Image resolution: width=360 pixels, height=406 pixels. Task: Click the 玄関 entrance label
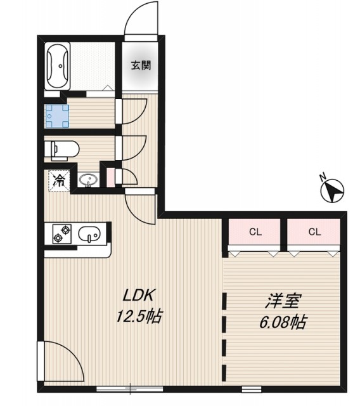pos(141,65)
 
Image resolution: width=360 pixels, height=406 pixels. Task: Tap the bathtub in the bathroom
pos(58,66)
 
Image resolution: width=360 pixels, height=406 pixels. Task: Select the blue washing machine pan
pos(57,116)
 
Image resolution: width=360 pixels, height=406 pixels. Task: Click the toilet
pos(61,149)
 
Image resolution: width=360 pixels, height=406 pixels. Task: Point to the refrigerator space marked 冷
pos(59,180)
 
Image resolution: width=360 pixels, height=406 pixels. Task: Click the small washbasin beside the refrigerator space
pos(89,180)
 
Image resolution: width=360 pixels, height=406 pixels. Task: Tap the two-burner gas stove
pos(62,234)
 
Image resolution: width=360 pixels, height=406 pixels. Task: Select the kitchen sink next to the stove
pos(89,234)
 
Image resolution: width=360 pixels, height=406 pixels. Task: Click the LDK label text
pos(139,296)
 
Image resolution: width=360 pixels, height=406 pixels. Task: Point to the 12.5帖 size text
pos(139,316)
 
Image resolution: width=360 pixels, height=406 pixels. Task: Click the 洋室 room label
pos(283,301)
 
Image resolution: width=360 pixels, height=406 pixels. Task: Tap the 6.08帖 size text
pos(283,322)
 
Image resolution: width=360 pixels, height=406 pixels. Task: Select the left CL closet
pos(255,232)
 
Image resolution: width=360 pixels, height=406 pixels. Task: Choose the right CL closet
pos(314,232)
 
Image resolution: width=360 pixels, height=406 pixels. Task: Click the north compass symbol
pos(332,190)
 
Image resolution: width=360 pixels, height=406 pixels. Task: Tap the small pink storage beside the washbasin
pos(111,178)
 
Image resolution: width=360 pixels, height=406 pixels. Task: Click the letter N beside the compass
pos(322,178)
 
